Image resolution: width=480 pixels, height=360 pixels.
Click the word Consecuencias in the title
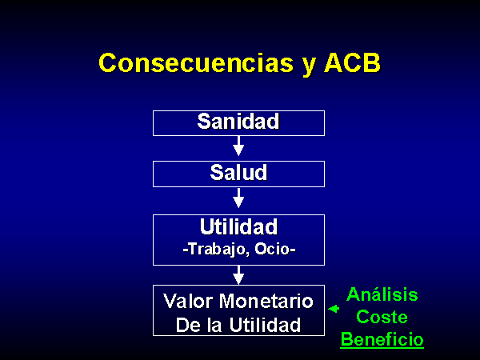197,63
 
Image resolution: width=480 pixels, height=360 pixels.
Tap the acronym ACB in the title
352,63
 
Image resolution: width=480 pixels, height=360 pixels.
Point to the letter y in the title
309,66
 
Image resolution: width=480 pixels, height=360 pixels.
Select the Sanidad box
238,123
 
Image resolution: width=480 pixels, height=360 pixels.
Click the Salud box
238,174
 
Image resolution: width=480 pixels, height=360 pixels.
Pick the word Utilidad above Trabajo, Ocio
238,227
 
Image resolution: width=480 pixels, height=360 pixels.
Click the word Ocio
273,249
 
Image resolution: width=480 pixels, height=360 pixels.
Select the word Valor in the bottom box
189,302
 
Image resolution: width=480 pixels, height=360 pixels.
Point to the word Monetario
266,302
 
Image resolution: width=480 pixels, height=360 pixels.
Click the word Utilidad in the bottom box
265,325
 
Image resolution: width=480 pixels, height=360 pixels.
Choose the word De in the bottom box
189,325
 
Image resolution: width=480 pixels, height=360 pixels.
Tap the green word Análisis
382,294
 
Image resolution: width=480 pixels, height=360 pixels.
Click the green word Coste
382,317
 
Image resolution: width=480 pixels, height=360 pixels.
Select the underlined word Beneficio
382,340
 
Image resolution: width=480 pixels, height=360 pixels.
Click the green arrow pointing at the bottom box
334,309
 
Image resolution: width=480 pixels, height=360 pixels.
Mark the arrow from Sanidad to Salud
238,146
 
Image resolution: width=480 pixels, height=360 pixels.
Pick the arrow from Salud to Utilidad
238,198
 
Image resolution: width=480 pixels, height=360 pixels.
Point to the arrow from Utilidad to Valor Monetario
238,275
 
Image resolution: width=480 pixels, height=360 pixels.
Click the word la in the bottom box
214,325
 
